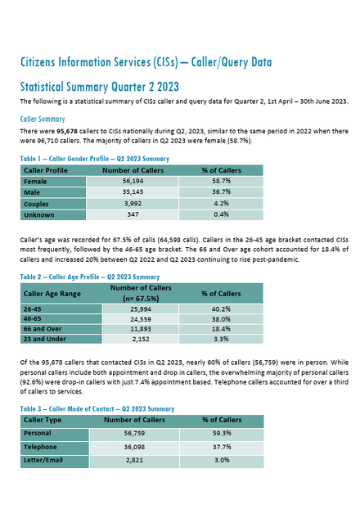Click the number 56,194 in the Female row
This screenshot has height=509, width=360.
[x=133, y=181]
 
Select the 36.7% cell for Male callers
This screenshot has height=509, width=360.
[x=221, y=192]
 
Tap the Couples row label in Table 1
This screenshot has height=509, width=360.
[x=36, y=205]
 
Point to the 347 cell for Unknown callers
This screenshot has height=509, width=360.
[x=133, y=214]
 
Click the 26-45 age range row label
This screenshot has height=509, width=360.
[x=33, y=309]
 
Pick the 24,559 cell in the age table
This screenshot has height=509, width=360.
[x=141, y=319]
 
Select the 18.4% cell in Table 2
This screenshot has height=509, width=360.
[x=221, y=329]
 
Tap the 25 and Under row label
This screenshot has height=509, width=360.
[x=45, y=340]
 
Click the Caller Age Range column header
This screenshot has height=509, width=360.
[x=52, y=294]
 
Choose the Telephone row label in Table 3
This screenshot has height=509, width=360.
[x=40, y=447]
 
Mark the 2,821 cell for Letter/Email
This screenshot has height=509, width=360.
[x=134, y=460]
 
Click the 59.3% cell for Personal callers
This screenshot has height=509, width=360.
[x=222, y=434]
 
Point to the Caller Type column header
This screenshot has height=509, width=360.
[x=43, y=420]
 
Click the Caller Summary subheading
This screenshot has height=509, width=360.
[x=43, y=119]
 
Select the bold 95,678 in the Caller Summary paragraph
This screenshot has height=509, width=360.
[x=67, y=132]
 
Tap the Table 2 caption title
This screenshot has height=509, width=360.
[x=90, y=277]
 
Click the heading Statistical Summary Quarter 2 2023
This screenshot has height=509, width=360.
[x=100, y=87]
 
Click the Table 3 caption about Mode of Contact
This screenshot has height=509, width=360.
[x=97, y=409]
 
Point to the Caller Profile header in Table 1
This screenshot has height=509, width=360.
[x=46, y=170]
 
